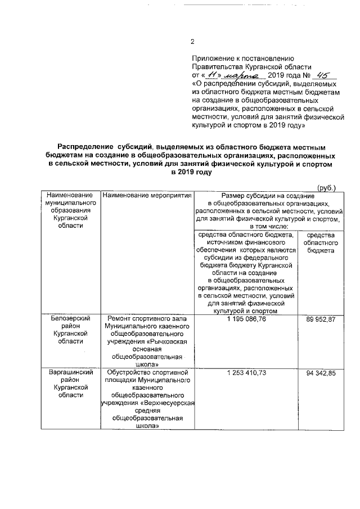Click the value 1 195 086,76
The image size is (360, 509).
tap(243, 319)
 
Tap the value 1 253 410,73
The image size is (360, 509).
tap(243, 373)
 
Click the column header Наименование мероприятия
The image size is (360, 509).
tap(145, 195)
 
